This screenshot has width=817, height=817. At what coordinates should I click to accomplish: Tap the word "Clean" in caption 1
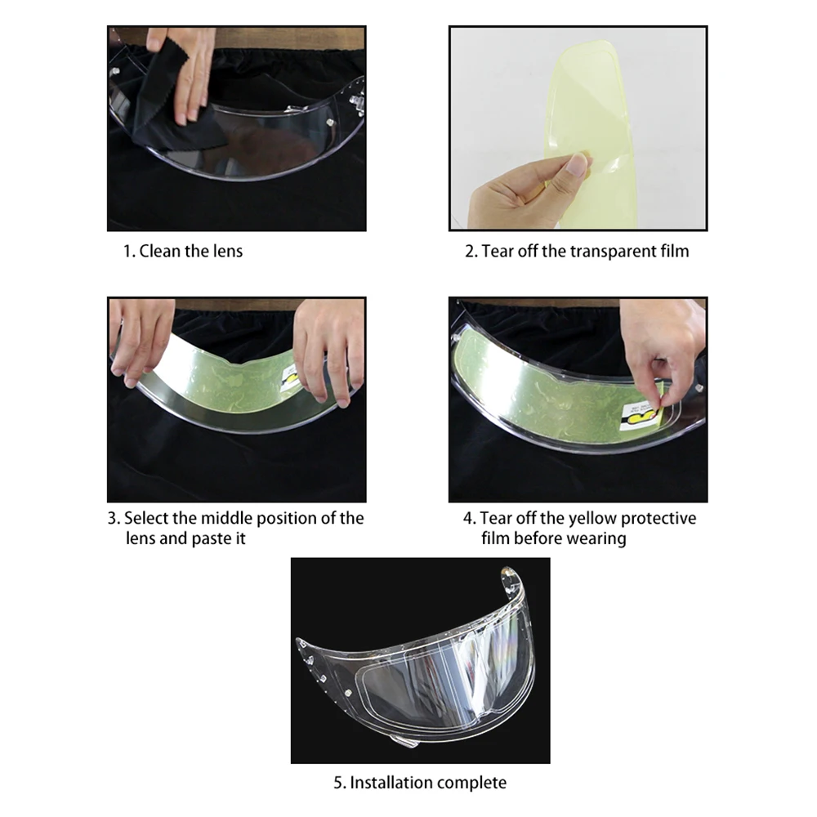pos(158,251)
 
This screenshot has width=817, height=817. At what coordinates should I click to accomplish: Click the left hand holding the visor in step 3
pos(140,339)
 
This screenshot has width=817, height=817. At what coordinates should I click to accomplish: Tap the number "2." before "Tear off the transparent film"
pos(471,252)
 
